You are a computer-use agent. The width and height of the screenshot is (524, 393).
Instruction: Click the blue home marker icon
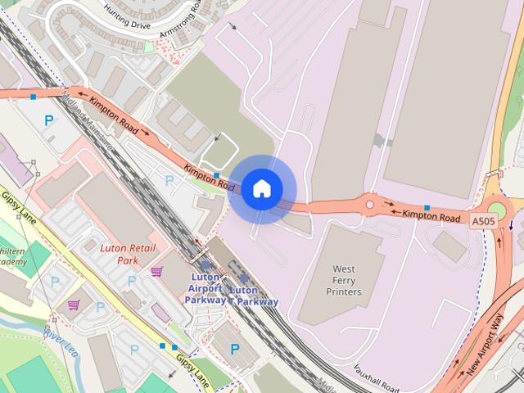[x=261, y=189]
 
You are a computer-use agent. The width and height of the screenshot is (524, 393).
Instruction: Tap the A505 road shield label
[x=482, y=220]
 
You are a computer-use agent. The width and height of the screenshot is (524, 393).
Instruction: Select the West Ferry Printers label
[x=344, y=280]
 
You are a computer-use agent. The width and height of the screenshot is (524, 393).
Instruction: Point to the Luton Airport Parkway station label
[x=204, y=288]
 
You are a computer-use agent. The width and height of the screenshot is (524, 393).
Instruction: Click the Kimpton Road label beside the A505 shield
[x=431, y=217]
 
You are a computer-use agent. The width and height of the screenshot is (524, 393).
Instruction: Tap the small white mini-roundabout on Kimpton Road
[x=369, y=205]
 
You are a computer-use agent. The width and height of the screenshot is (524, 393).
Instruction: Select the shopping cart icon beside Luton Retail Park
[x=156, y=271]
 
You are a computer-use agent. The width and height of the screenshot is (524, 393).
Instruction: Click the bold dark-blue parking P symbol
[x=235, y=350]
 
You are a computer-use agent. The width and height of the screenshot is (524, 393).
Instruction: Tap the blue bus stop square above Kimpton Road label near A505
[x=427, y=207]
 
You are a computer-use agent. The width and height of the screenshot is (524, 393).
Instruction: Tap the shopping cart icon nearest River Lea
[x=73, y=305]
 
